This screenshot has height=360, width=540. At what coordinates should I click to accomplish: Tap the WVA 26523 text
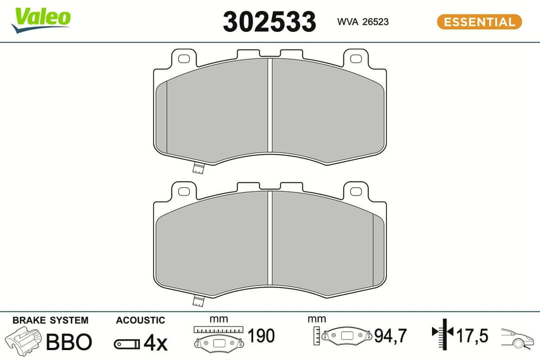point(363,22)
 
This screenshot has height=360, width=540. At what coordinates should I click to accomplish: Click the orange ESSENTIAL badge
point(479,22)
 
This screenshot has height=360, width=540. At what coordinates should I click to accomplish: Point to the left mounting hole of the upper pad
point(183,58)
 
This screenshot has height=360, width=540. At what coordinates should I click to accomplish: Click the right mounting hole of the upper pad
point(355,58)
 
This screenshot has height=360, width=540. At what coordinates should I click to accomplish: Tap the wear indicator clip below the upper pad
point(198,168)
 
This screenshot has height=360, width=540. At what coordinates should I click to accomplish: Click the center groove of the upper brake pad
point(269,105)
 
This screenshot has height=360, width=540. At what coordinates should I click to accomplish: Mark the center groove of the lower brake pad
point(269,237)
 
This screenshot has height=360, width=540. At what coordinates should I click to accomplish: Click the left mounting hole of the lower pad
point(183,191)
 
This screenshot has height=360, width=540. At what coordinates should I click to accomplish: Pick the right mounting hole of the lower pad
point(355,191)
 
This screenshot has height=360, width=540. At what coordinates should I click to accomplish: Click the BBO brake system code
point(69,342)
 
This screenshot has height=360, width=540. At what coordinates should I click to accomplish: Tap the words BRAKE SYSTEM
point(50,320)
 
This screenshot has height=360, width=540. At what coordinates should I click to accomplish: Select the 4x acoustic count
point(154,343)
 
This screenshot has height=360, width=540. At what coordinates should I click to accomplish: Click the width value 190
point(261,336)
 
